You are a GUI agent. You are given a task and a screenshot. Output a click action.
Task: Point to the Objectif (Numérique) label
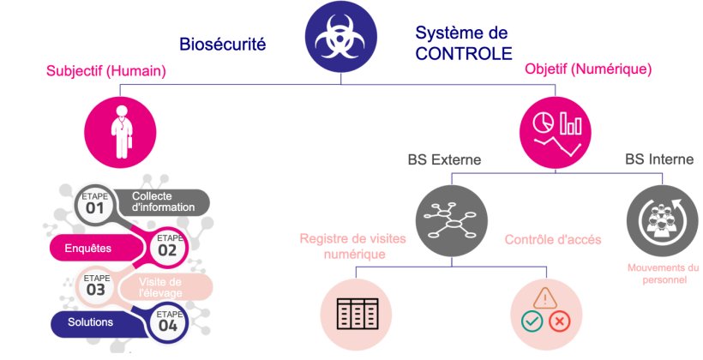point(588,68)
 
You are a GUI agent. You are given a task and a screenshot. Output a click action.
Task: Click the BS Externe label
point(443,159)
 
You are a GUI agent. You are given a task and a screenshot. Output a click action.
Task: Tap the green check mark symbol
point(532,322)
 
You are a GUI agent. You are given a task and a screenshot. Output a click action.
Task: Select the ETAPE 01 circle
point(94,205)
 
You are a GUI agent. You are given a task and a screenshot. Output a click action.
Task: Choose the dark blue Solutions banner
point(94,322)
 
